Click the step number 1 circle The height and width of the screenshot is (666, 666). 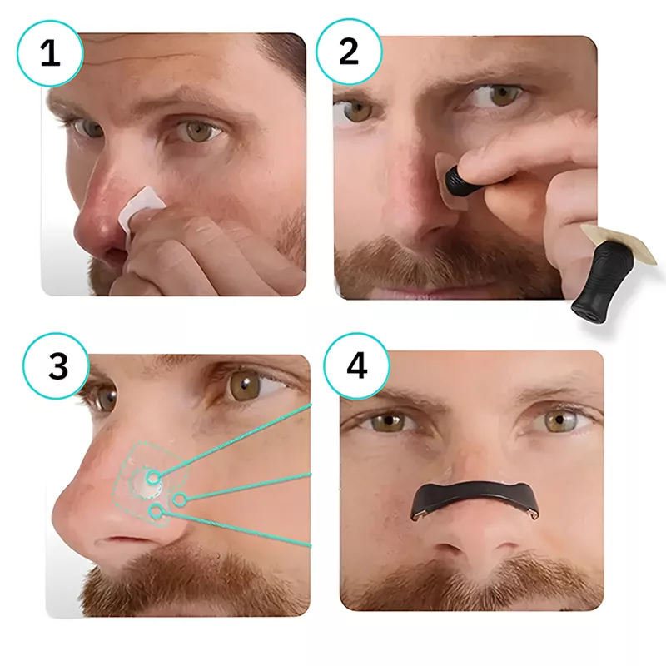[x=51, y=53]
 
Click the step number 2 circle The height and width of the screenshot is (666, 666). [x=349, y=52]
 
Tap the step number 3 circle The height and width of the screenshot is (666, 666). [x=56, y=366]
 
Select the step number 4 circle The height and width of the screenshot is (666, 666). [x=356, y=366]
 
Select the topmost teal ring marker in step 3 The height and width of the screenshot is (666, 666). [x=153, y=477]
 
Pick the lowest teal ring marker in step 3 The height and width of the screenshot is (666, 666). [x=157, y=512]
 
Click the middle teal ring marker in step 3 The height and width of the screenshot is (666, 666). [x=180, y=499]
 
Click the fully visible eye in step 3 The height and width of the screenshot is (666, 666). [x=247, y=384]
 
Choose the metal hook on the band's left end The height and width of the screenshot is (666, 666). [x=417, y=515]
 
